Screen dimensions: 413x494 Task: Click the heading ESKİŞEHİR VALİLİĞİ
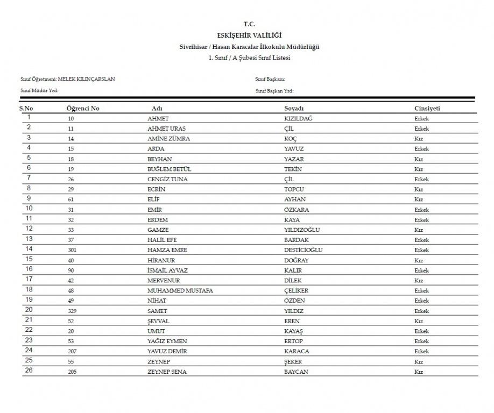[249, 35]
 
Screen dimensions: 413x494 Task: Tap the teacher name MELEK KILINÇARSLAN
[86, 79]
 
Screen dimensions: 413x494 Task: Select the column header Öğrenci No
[83, 108]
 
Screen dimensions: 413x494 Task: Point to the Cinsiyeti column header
[427, 108]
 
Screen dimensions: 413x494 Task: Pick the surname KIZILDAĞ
[298, 118]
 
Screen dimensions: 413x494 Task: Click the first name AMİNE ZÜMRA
[168, 139]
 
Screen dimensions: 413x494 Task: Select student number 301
[72, 251]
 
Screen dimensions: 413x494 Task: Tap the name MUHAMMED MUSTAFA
[180, 291]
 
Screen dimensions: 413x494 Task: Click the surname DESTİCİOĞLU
[304, 251]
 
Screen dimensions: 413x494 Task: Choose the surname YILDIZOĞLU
[302, 230]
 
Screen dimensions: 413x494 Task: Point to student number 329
[72, 311]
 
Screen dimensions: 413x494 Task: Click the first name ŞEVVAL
[158, 322]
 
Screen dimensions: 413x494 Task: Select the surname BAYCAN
[296, 372]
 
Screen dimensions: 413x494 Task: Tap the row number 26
[29, 371]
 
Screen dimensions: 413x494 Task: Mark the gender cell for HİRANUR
[419, 261]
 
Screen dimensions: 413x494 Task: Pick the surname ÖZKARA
[296, 210]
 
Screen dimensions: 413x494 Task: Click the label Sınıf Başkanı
[270, 80]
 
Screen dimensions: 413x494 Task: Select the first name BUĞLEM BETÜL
[169, 169]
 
